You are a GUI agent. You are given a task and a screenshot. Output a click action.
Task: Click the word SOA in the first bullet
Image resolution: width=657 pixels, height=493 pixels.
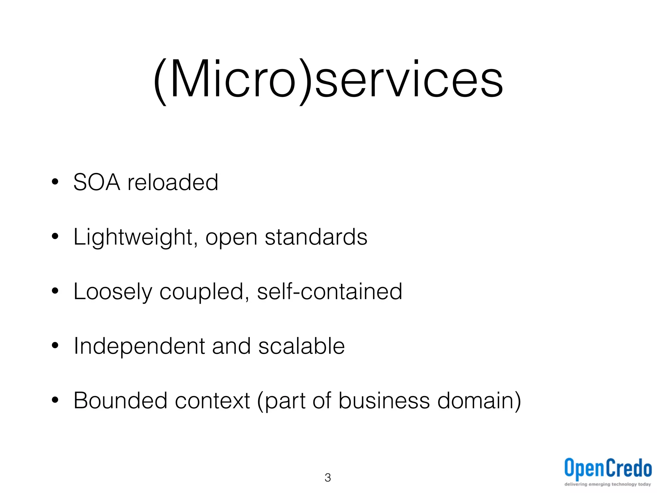click(x=97, y=182)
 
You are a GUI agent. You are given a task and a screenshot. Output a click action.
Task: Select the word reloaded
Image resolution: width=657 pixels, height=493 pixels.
click(x=173, y=182)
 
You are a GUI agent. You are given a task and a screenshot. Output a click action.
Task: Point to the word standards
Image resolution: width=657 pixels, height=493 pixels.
click(x=316, y=237)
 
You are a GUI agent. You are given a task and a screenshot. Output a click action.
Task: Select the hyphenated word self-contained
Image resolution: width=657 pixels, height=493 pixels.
click(x=329, y=291)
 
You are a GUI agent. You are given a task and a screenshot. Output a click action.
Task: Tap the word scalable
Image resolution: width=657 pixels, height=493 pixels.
click(x=302, y=346)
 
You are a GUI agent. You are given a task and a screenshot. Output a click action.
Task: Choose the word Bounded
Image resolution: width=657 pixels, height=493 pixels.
click(x=120, y=401)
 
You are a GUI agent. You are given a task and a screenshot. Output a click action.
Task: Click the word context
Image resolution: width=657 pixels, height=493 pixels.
click(x=212, y=401)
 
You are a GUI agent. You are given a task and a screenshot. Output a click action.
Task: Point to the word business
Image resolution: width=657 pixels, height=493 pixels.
click(x=384, y=401)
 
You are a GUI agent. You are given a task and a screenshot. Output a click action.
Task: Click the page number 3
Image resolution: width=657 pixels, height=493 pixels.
click(x=328, y=478)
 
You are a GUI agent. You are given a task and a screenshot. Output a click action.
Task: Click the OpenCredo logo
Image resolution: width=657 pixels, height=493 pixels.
click(x=608, y=468)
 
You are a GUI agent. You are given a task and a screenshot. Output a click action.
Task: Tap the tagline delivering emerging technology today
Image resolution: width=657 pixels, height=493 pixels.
click(x=608, y=484)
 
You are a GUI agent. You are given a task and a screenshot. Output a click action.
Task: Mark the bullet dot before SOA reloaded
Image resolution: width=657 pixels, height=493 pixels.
click(x=55, y=182)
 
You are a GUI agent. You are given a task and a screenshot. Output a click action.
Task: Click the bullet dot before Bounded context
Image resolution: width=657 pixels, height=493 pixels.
click(x=55, y=400)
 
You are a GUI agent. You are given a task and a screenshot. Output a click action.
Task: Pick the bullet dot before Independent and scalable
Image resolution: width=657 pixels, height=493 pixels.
click(x=55, y=346)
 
